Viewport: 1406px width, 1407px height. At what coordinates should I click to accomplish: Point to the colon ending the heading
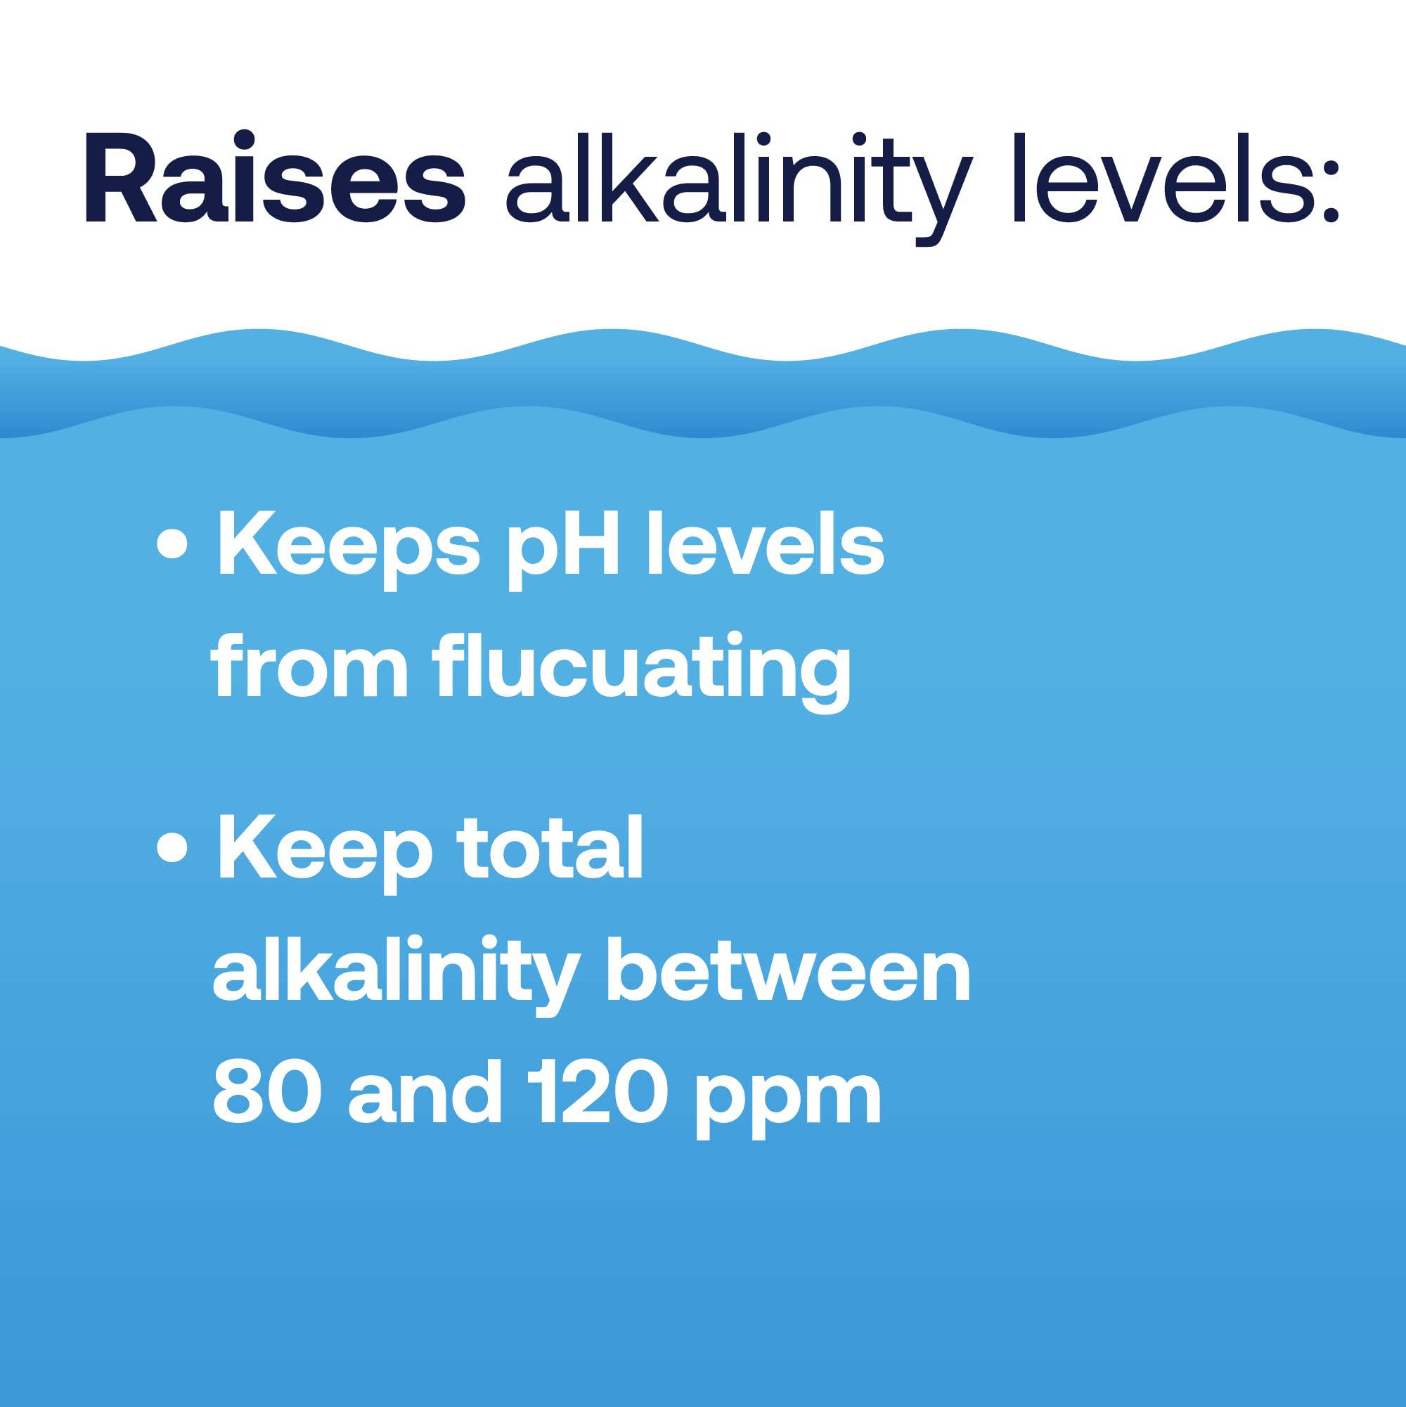point(1329,191)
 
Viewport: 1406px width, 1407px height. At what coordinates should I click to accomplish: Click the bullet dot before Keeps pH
point(172,544)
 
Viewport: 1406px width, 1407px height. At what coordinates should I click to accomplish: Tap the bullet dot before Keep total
point(172,848)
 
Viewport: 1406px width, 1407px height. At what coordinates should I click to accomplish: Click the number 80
point(266,1092)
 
